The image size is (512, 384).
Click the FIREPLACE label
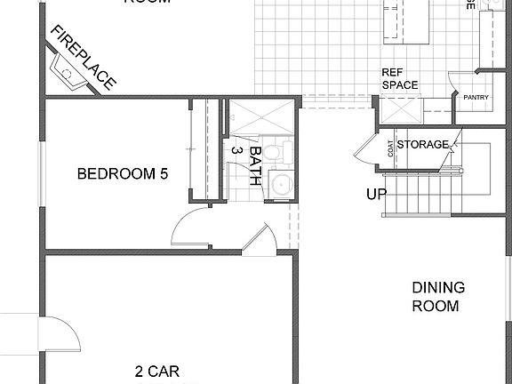pyautogui.click(x=84, y=59)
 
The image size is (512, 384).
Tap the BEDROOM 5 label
pyautogui.click(x=123, y=174)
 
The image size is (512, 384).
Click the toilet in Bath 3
pyautogui.click(x=272, y=153)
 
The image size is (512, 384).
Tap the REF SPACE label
pyautogui.click(x=399, y=79)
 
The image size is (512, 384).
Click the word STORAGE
pyautogui.click(x=422, y=144)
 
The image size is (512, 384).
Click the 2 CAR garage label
pyautogui.click(x=157, y=371)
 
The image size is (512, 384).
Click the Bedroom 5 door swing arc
pyautogui.click(x=188, y=229)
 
